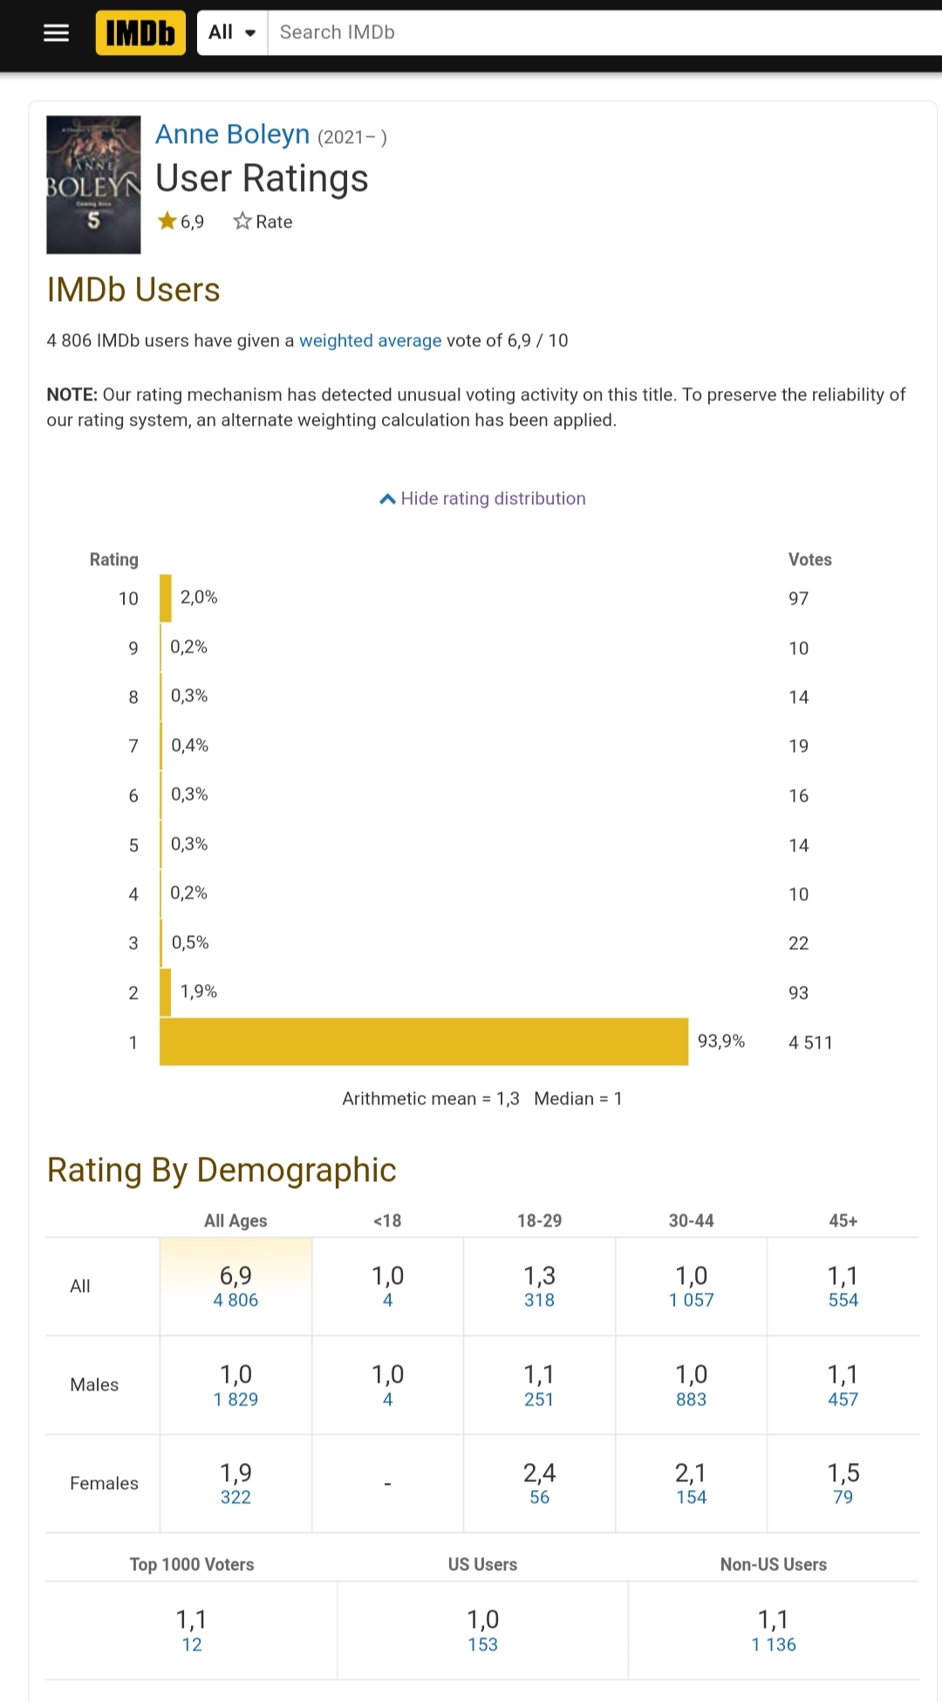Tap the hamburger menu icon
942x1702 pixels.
click(56, 33)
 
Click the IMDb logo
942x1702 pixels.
click(140, 33)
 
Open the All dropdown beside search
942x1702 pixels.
click(232, 33)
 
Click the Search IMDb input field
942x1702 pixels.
click(602, 33)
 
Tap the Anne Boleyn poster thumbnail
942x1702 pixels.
click(93, 185)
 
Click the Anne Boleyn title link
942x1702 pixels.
click(233, 134)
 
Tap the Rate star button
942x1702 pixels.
click(263, 222)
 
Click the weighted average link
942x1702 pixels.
click(370, 341)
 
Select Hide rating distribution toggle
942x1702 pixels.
click(482, 499)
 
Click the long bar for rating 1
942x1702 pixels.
click(424, 1042)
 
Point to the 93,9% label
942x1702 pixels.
click(720, 1042)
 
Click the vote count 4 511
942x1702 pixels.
click(810, 1042)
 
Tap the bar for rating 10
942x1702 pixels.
click(166, 598)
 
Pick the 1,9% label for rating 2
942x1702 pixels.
click(199, 992)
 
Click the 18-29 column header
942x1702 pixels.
click(539, 1221)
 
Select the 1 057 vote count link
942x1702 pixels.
click(691, 1301)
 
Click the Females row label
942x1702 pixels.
click(104, 1484)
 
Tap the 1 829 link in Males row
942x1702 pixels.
click(235, 1400)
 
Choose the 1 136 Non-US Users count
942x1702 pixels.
click(774, 1645)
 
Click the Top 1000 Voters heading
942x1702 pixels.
click(192, 1565)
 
